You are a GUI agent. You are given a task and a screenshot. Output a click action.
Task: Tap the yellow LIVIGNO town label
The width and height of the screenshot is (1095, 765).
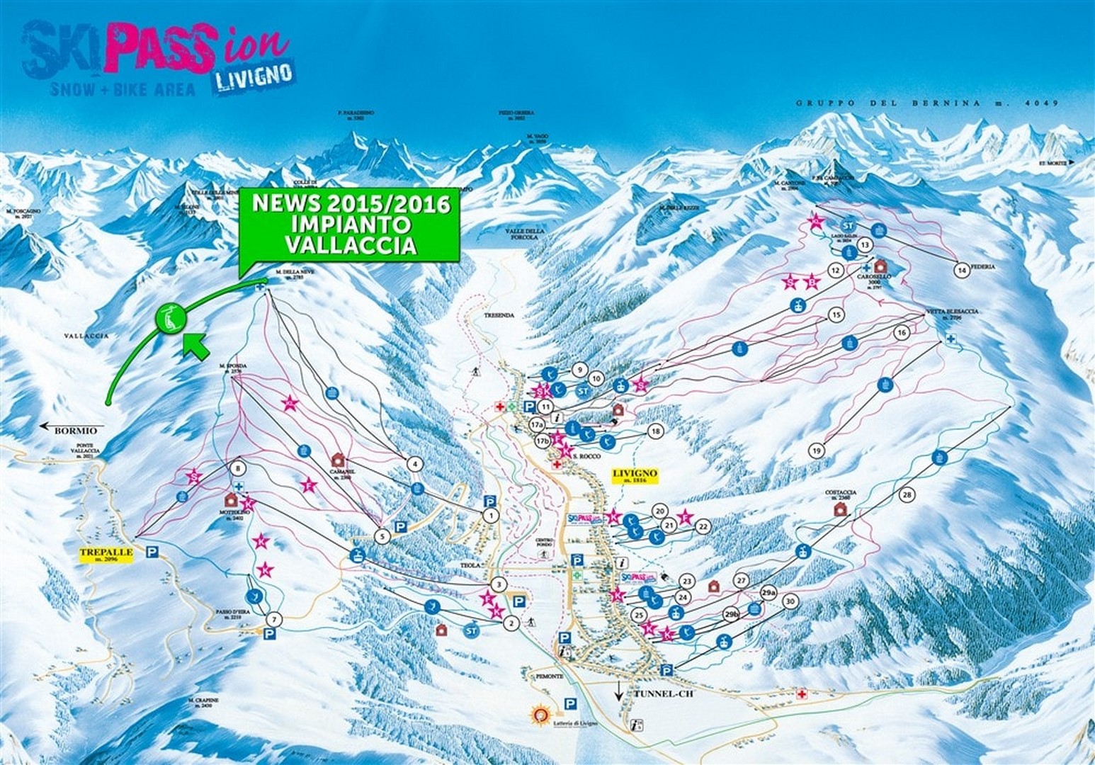[x=635, y=475]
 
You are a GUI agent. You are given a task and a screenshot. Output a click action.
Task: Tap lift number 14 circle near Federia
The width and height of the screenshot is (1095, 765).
[x=961, y=270]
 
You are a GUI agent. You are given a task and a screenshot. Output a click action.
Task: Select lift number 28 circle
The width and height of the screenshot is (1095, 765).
[x=907, y=494]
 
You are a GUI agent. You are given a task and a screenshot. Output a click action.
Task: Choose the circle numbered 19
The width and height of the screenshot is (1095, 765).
[x=817, y=450]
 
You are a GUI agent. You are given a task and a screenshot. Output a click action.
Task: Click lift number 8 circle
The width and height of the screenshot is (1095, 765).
[x=238, y=468]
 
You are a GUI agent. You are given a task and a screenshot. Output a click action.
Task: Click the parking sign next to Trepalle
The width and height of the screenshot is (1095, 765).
[x=152, y=552]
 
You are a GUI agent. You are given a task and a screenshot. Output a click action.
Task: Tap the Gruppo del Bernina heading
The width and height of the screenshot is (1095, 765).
[x=926, y=103]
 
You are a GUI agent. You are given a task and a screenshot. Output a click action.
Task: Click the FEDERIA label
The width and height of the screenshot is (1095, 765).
[x=985, y=266]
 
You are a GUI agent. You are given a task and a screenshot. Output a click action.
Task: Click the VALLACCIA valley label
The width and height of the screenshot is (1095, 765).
[x=86, y=336]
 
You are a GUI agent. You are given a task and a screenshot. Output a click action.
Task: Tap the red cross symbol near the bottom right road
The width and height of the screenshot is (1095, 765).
[x=802, y=693]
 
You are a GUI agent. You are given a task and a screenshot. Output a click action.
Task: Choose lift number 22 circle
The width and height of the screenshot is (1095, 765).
[x=703, y=526]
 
